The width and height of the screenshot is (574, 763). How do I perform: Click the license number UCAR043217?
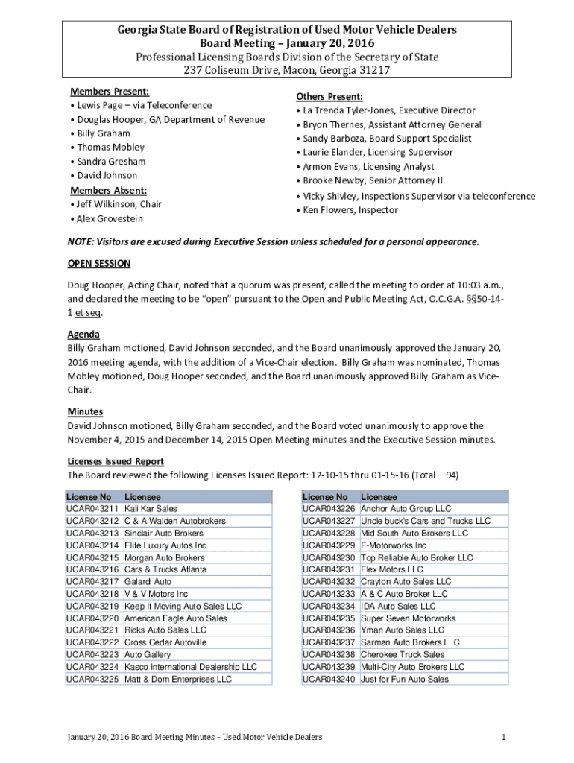(92, 581)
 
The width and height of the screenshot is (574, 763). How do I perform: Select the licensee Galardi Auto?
(148, 581)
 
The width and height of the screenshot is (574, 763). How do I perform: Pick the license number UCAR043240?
(329, 679)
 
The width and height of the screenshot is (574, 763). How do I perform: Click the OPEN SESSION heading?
(99, 263)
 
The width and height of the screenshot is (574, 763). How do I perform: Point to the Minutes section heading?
(85, 411)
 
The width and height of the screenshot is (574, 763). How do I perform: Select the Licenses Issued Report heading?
(116, 461)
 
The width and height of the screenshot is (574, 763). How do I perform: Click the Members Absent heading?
(108, 190)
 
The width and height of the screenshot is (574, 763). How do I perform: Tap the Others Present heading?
(329, 97)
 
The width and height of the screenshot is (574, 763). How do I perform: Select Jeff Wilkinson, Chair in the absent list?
(119, 204)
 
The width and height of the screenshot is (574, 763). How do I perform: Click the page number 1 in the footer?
(504, 737)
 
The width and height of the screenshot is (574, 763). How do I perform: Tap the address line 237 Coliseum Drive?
(286, 70)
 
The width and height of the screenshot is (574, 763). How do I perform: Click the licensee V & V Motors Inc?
(156, 594)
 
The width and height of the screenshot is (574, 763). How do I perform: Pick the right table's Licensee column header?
(379, 496)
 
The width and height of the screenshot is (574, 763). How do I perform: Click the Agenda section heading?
(83, 335)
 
